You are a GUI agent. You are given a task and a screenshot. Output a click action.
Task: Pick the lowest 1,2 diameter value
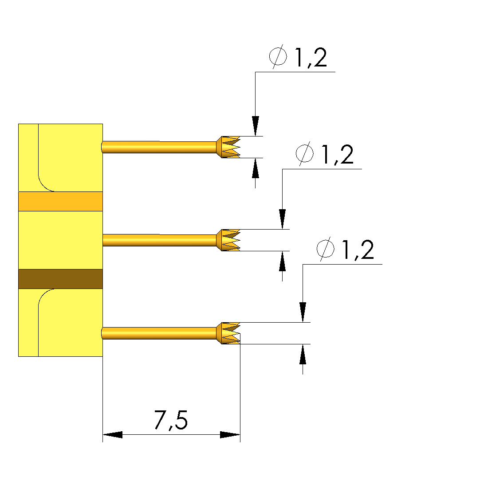point(358,250)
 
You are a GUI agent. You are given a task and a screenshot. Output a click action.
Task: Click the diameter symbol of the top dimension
point(278,57)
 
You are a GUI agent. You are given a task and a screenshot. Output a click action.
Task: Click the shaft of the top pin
point(160,147)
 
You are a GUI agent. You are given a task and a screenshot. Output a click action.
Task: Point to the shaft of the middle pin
point(160,240)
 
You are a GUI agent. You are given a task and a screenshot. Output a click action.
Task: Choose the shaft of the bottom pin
point(160,333)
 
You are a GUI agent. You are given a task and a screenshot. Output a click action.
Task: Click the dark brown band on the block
point(60,279)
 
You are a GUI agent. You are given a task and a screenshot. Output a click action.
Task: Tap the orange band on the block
point(60,201)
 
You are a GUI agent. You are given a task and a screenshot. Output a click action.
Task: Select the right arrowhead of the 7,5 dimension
point(230,435)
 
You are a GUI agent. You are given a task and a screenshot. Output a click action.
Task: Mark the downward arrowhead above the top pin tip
point(255,126)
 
